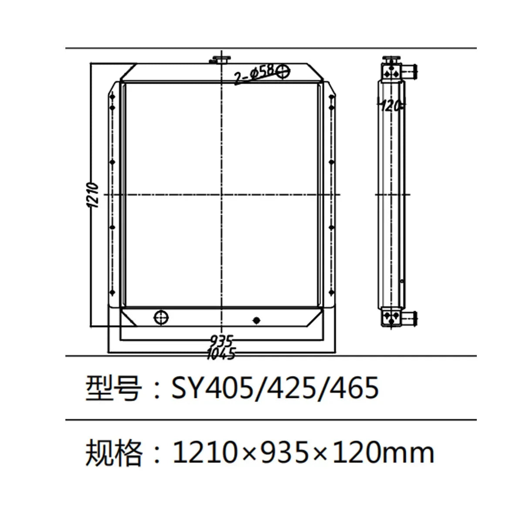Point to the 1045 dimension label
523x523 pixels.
pyautogui.click(x=221, y=353)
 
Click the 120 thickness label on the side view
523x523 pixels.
pyautogui.click(x=391, y=105)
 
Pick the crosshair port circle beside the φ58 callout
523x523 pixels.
pyautogui.click(x=282, y=71)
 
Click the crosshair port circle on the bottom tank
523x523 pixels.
pyautogui.click(x=161, y=317)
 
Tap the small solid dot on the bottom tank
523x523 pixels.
pyautogui.click(x=257, y=320)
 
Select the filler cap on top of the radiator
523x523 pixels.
pyautogui.click(x=221, y=59)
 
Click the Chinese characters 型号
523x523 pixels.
pyautogui.click(x=113, y=388)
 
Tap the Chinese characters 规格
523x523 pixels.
pyautogui.click(x=113, y=452)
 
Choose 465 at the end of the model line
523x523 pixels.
pyautogui.click(x=354, y=388)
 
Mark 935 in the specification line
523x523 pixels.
pyautogui.click(x=284, y=452)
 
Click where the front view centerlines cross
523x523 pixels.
pyautogui.click(x=222, y=194)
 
